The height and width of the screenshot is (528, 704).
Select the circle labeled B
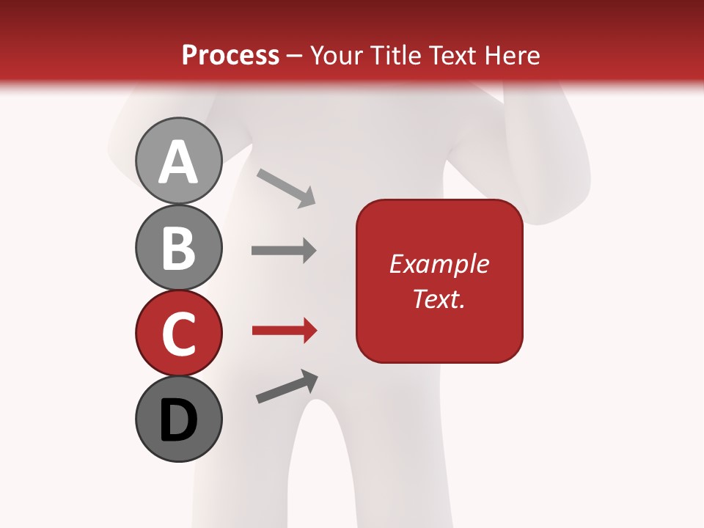[x=178, y=247]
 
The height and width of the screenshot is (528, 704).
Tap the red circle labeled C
[x=178, y=333]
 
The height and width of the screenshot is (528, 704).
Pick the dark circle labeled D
[x=178, y=419]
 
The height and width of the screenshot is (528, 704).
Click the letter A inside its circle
[x=178, y=162]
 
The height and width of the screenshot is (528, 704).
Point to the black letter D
[x=178, y=421]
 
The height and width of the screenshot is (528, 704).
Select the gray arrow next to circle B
[x=284, y=250]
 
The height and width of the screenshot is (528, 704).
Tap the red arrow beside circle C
[x=284, y=331]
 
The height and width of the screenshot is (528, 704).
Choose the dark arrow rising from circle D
[x=287, y=387]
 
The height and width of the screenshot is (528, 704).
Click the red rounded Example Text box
[x=439, y=282]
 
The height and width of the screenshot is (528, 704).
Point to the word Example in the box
[x=439, y=264]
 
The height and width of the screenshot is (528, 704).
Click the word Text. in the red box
[x=439, y=298]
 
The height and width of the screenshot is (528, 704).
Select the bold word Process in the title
[x=230, y=55]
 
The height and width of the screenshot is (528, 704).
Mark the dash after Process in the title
[x=294, y=56]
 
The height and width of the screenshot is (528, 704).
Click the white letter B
[x=178, y=248]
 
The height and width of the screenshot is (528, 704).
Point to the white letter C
[x=178, y=334]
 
